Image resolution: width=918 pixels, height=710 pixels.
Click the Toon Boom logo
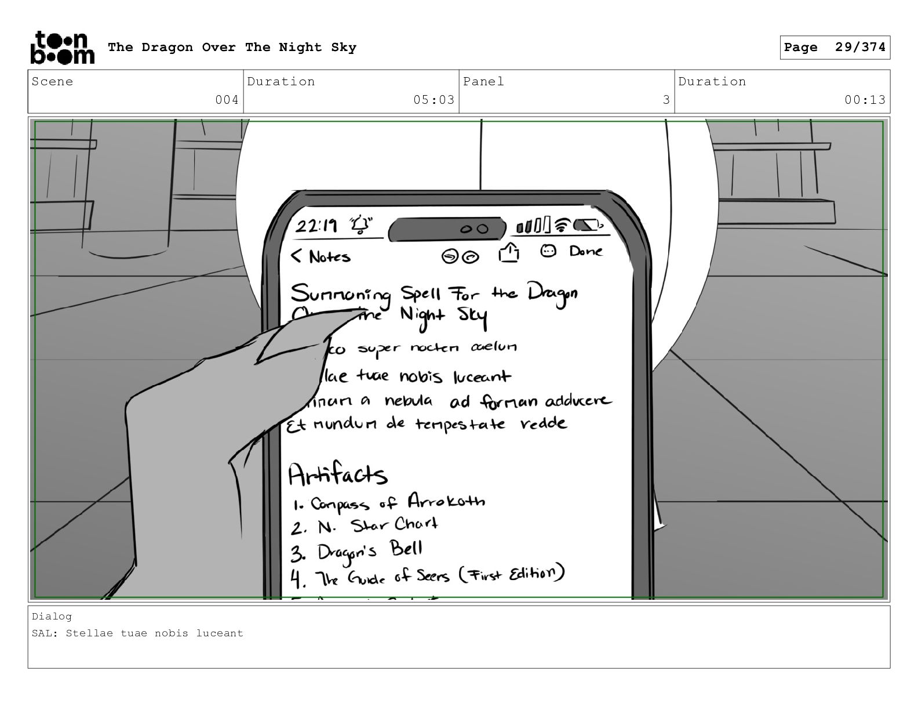point(62,48)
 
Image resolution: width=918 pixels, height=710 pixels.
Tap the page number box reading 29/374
point(835,48)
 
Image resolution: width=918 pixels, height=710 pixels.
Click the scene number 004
point(227,100)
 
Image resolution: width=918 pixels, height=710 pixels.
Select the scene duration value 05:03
point(434,100)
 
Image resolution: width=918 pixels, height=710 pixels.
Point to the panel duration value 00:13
point(865,100)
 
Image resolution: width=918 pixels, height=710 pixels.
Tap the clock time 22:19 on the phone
point(316,226)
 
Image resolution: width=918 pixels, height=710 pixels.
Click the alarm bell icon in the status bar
point(360,225)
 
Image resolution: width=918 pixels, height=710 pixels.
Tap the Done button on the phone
point(585,251)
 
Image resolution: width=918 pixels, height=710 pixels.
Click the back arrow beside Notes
point(297,256)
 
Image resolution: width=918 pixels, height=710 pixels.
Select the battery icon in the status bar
point(588,224)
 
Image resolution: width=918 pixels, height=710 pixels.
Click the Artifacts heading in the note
point(337,475)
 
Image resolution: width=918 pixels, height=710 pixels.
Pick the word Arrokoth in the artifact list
point(446,501)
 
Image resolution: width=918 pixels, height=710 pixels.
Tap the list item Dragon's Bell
point(370,550)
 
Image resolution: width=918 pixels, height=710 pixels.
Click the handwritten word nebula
point(409,401)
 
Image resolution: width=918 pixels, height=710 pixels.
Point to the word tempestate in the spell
point(460,425)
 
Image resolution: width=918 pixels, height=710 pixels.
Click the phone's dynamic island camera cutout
point(446,229)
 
